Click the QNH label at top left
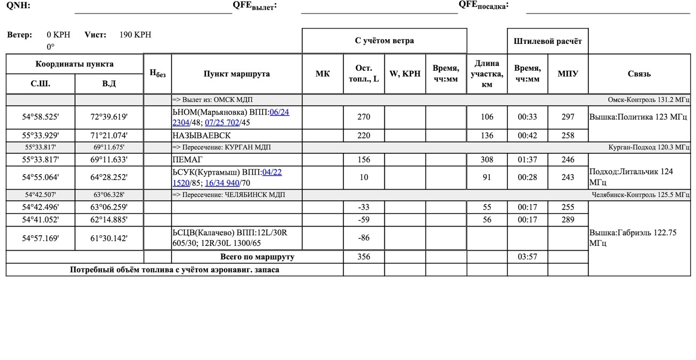click(x=18, y=6)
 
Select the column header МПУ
click(x=567, y=74)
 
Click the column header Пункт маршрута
click(x=236, y=74)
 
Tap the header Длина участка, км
click(x=487, y=74)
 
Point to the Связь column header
click(x=639, y=74)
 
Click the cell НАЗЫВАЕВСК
click(x=202, y=136)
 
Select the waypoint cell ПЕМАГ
click(x=188, y=160)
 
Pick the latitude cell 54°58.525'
click(x=40, y=117)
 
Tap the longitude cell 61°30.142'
click(x=109, y=238)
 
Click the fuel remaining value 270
click(x=363, y=117)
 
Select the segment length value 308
click(x=487, y=160)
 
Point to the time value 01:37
click(x=527, y=160)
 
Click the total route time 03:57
click(x=527, y=257)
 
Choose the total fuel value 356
click(x=363, y=257)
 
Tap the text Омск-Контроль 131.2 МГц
click(x=648, y=100)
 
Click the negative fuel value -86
click(x=363, y=238)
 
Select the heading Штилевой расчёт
click(x=548, y=41)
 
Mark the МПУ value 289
click(x=567, y=220)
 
